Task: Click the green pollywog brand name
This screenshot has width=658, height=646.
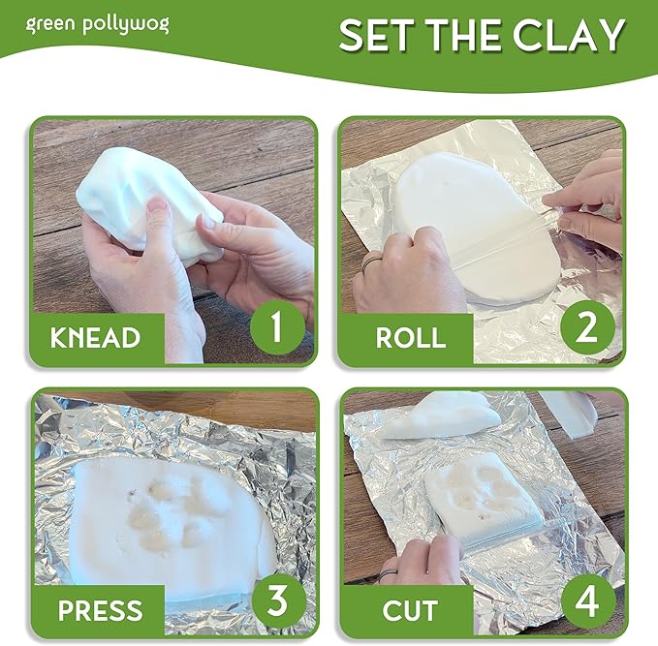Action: click(97, 25)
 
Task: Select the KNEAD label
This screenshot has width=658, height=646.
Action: click(95, 337)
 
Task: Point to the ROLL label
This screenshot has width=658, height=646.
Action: click(410, 337)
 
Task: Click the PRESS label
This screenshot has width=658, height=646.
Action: click(100, 610)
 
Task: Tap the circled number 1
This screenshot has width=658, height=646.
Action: click(277, 327)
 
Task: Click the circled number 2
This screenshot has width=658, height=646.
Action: click(587, 327)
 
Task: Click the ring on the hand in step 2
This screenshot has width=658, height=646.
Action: click(371, 264)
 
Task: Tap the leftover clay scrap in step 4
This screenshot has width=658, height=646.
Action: click(441, 415)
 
